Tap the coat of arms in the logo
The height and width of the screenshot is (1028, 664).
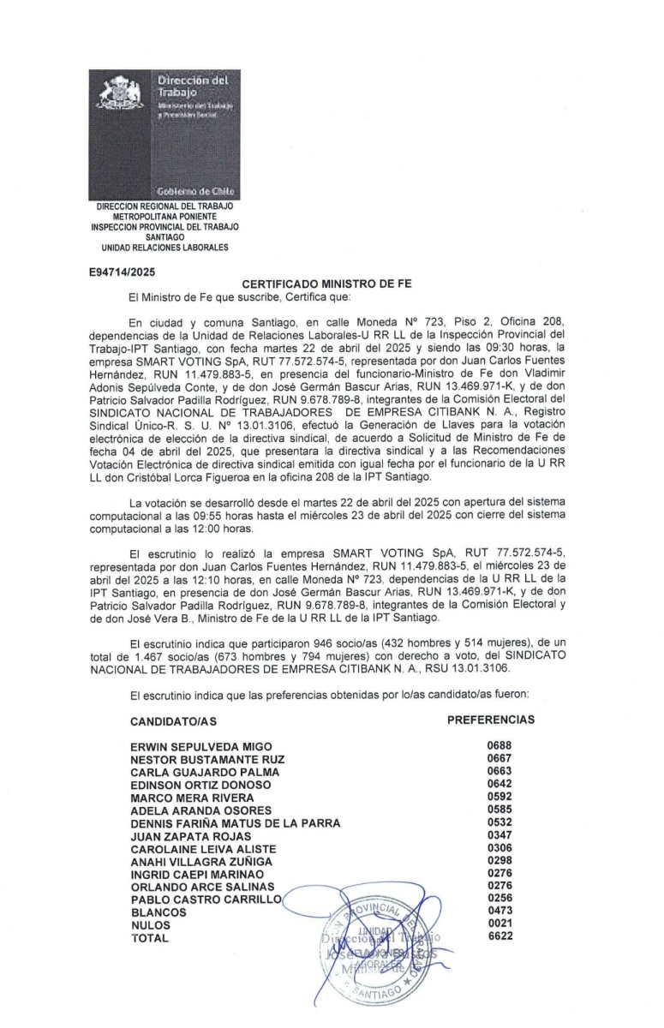(x=122, y=94)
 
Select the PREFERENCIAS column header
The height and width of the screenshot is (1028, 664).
(x=491, y=720)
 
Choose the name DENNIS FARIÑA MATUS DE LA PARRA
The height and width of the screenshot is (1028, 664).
(x=235, y=823)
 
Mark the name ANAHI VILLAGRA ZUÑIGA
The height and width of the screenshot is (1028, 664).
(x=200, y=861)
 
